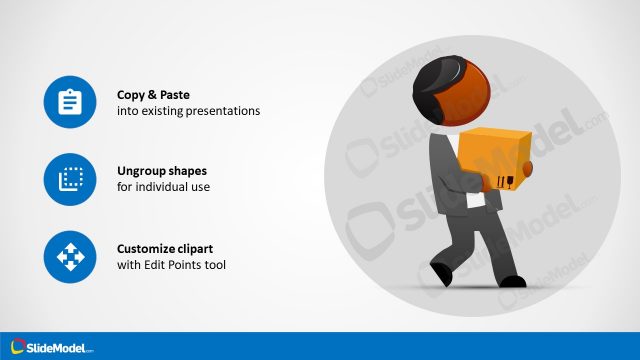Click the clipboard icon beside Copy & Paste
click(x=69, y=102)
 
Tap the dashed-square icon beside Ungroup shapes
click(x=69, y=179)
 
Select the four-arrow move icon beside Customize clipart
click(x=69, y=257)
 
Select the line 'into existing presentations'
click(x=188, y=111)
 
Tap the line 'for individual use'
click(x=163, y=188)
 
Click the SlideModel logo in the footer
click(x=52, y=347)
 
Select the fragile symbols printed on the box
click(x=505, y=181)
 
